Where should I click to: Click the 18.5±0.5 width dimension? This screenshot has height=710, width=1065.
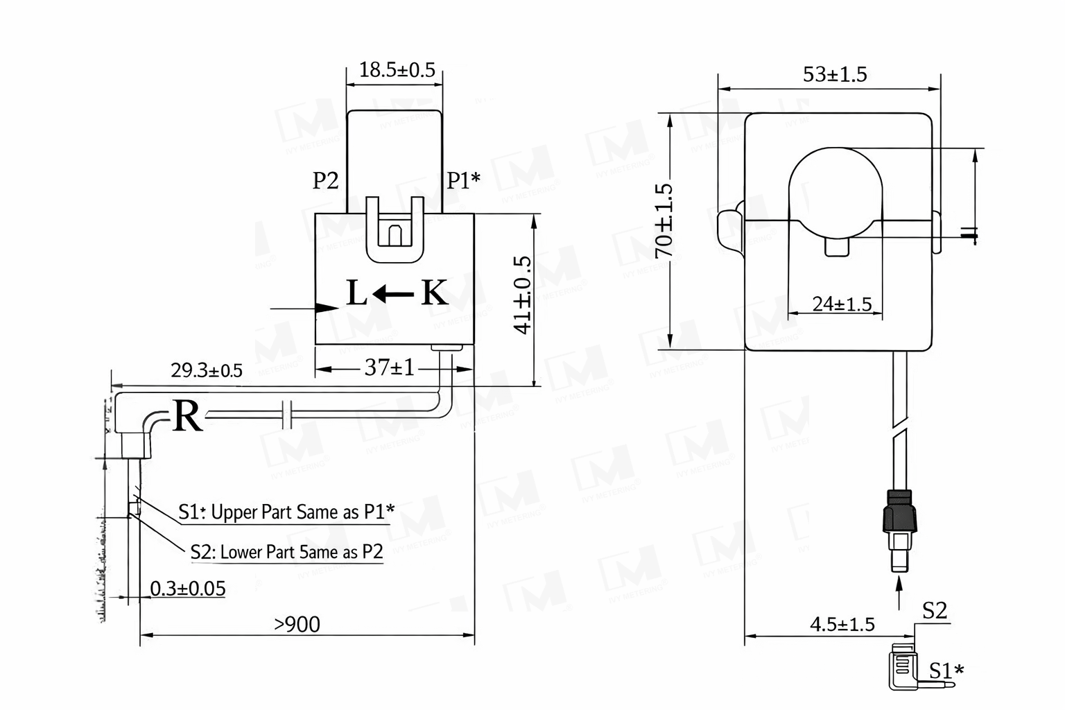397,70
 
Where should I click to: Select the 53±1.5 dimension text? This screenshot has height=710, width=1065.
835,74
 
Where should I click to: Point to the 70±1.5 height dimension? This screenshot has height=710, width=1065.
664,220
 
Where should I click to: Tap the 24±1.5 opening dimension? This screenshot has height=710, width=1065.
842,304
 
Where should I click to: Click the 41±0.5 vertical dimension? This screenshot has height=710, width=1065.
523,295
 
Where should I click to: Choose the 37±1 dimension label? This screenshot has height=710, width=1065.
389,367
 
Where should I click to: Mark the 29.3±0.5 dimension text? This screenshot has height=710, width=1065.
207,370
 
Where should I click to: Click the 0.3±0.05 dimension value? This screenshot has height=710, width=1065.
188,589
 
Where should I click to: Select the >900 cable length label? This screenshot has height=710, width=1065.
297,625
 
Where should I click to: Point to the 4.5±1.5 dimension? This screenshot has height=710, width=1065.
842,625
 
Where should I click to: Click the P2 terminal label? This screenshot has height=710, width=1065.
325,181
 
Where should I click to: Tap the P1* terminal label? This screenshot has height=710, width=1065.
463,181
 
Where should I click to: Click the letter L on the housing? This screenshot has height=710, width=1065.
356,294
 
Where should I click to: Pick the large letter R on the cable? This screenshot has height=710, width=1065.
187,417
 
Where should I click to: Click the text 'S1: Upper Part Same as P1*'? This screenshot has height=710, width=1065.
286,512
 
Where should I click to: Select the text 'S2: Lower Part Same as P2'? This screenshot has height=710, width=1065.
286,552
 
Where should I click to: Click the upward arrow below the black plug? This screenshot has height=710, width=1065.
899,594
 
